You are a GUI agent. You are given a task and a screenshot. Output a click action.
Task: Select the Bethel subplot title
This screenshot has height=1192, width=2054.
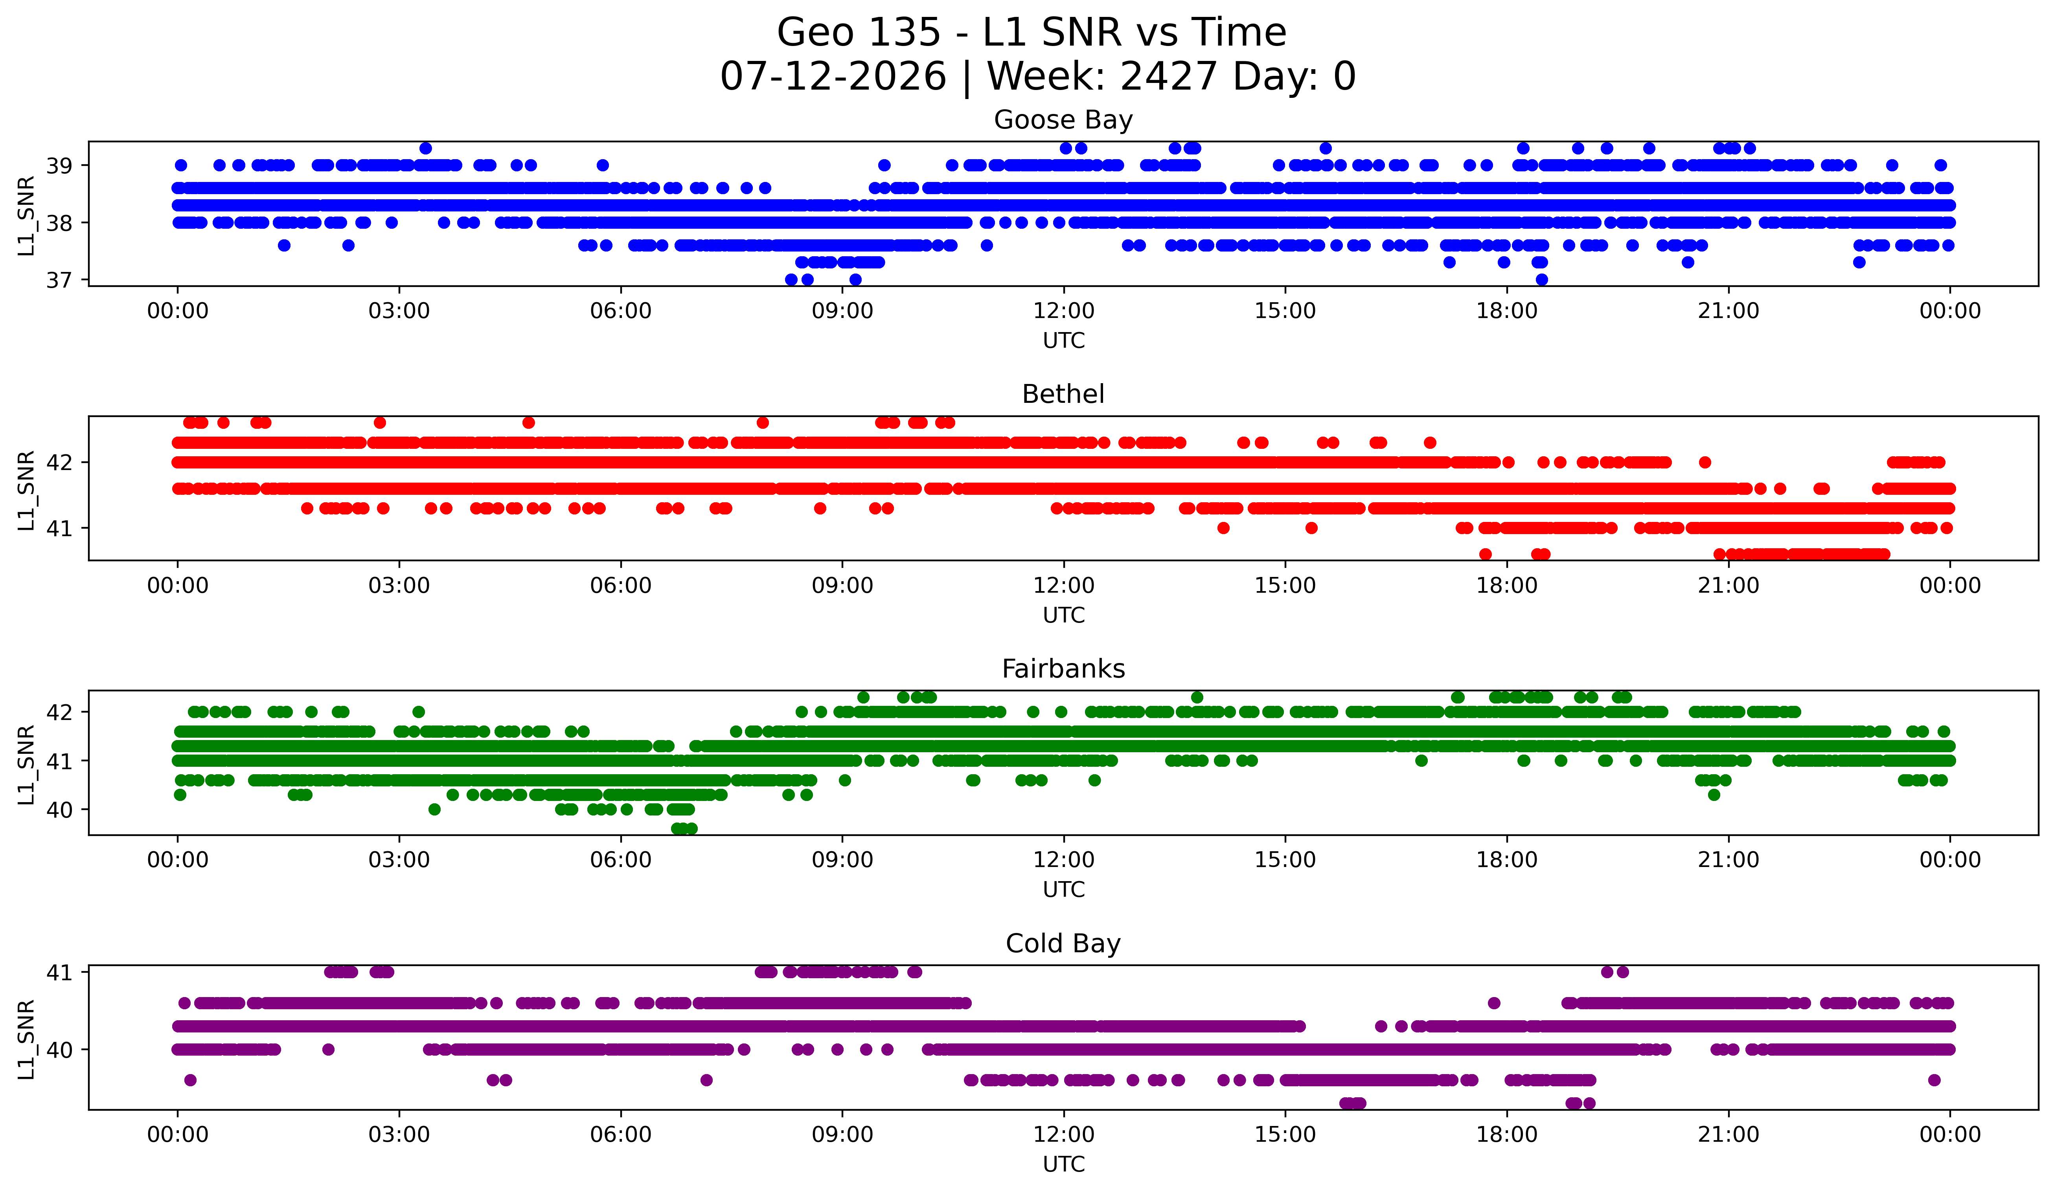1063,394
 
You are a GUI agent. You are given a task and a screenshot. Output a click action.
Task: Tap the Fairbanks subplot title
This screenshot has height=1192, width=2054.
1063,669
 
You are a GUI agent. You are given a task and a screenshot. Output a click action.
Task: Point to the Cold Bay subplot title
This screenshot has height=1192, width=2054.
1063,944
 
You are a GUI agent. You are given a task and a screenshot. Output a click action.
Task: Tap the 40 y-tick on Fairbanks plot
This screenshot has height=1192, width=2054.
59,810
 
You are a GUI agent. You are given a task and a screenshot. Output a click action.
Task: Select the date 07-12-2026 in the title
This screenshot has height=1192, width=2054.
833,77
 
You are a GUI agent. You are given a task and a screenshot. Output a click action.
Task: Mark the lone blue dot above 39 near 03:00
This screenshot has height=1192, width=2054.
425,148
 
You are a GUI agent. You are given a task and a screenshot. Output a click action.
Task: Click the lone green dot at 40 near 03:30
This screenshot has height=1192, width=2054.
434,809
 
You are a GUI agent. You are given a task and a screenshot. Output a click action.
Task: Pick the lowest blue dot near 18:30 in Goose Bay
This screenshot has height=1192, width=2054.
1541,279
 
